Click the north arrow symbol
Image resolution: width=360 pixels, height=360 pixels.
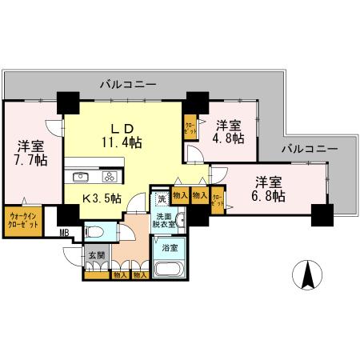tap(308, 277)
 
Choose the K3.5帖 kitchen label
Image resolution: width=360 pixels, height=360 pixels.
tap(102, 197)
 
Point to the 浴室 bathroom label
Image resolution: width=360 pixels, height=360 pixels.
tap(170, 248)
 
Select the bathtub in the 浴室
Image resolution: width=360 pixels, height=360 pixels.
tap(169, 267)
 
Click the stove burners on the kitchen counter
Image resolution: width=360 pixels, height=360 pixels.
tap(110, 176)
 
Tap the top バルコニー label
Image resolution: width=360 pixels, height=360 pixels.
tap(128, 83)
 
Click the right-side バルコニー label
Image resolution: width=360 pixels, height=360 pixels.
tap(309, 148)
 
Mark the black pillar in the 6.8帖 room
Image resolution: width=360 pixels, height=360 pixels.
tap(322, 214)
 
